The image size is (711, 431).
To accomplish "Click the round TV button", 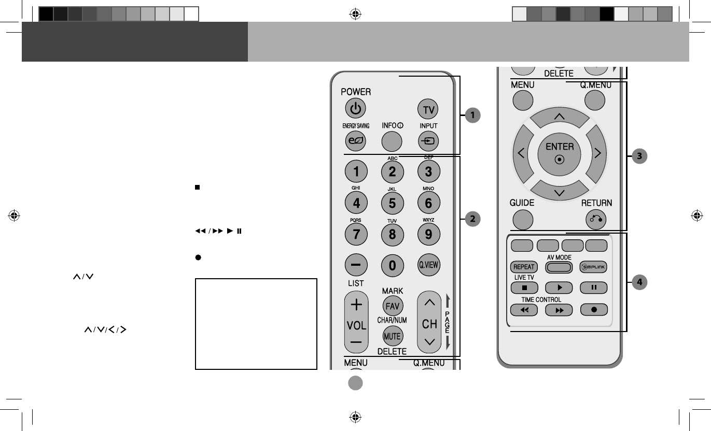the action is click(x=428, y=109).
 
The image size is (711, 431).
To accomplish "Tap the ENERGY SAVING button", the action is click(x=356, y=140).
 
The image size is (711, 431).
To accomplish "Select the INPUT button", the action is click(x=428, y=140).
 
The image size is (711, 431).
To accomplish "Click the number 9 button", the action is click(x=428, y=234).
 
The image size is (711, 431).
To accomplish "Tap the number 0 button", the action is click(x=392, y=265).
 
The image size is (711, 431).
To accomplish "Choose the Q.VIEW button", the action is click(x=428, y=265).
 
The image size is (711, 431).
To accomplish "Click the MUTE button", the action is click(x=392, y=336).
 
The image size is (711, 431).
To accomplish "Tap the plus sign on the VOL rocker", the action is click(x=356, y=305).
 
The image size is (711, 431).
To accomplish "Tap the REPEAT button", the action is click(x=523, y=267).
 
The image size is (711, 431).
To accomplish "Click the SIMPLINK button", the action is click(x=593, y=267).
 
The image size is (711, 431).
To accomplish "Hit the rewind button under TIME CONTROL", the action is click(x=523, y=310).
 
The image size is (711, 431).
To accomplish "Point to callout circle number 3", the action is click(x=640, y=155).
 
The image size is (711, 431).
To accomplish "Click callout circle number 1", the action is click(x=472, y=115).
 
